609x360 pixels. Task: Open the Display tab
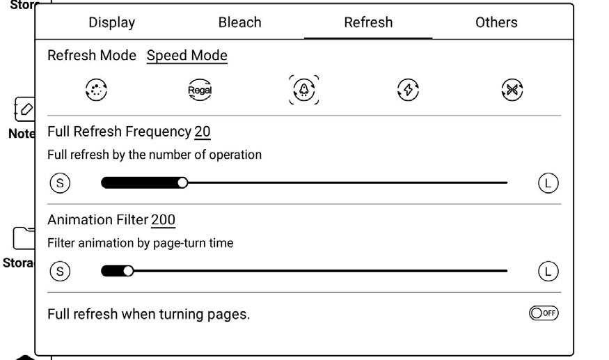click(x=111, y=22)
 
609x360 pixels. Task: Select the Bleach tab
click(x=239, y=22)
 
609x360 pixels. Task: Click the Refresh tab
click(x=368, y=22)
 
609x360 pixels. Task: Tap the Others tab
click(x=496, y=22)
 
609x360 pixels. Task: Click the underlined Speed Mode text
click(x=187, y=56)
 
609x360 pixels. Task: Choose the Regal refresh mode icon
click(x=200, y=90)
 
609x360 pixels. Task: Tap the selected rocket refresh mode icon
click(x=304, y=90)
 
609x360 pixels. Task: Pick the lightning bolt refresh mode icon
click(x=408, y=90)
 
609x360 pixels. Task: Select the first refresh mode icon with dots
click(x=96, y=90)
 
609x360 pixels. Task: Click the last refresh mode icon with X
click(x=512, y=90)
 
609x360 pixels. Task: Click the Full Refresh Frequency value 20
click(x=203, y=132)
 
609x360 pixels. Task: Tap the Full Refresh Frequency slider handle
click(x=182, y=183)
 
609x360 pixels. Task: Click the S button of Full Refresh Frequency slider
click(x=61, y=183)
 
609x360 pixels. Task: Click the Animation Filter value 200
click(x=164, y=220)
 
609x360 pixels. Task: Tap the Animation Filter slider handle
click(x=128, y=271)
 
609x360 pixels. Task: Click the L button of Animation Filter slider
click(x=548, y=271)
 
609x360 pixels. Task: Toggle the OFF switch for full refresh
click(x=544, y=313)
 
